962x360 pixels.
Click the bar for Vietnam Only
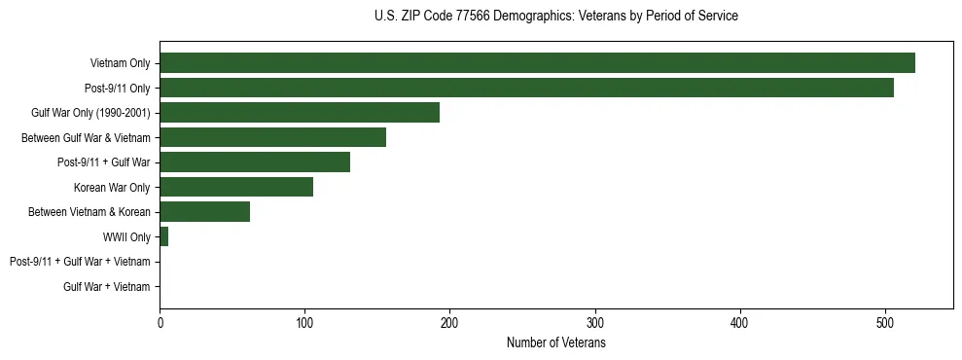[x=537, y=63]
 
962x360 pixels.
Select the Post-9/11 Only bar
[x=526, y=88]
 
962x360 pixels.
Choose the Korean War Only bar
[x=236, y=187]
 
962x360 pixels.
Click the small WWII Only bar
[x=164, y=236]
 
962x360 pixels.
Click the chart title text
[x=555, y=17]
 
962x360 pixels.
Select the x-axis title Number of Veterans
[x=555, y=343]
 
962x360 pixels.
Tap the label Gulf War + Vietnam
[x=107, y=287]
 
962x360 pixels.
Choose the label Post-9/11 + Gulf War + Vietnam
[x=80, y=262]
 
